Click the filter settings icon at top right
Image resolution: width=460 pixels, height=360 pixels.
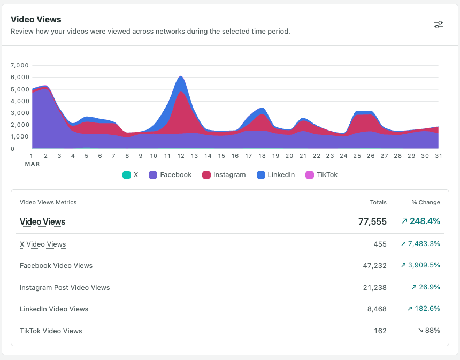click(x=439, y=25)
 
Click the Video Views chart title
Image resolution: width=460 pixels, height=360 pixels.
click(x=36, y=19)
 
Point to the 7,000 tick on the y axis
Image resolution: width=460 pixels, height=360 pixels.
click(x=19, y=65)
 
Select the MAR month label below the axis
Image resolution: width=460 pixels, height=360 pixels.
click(x=32, y=164)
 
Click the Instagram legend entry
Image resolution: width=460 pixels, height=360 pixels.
click(x=224, y=174)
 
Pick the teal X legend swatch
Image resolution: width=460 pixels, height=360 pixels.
click(x=127, y=174)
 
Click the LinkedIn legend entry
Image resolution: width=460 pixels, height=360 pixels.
click(x=276, y=174)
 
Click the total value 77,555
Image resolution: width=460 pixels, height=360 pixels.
click(x=372, y=221)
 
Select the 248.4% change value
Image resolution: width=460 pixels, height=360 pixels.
click(x=420, y=221)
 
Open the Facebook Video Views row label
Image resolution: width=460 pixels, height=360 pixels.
click(x=56, y=265)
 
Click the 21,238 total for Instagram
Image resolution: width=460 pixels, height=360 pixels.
click(x=374, y=287)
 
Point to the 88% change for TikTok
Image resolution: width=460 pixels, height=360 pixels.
click(x=429, y=331)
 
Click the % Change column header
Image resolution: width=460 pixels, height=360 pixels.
click(x=426, y=202)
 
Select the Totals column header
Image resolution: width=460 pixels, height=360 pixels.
click(x=378, y=202)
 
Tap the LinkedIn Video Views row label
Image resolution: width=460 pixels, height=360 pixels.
click(x=54, y=309)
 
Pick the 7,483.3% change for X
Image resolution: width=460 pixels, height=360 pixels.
click(x=420, y=244)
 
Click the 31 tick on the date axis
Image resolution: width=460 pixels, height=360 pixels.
click(x=439, y=156)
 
